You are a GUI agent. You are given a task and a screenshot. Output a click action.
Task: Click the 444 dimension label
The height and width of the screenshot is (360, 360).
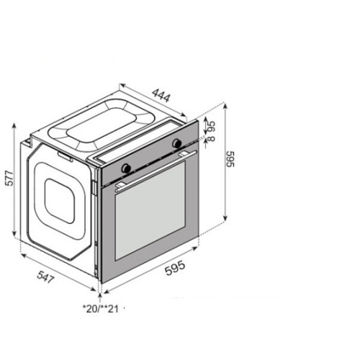pyautogui.click(x=161, y=95)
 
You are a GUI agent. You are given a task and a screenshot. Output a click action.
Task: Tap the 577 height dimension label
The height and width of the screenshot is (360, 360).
pyautogui.click(x=10, y=178)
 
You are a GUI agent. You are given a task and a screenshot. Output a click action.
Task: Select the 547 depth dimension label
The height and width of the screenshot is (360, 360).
pyautogui.click(x=45, y=277)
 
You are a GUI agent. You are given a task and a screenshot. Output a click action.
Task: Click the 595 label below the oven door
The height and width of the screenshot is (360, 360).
pyautogui.click(x=175, y=268)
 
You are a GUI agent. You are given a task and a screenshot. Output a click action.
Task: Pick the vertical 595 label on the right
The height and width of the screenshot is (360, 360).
pyautogui.click(x=230, y=159)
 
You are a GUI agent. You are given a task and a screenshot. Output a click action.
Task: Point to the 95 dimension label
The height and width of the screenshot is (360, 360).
pyautogui.click(x=212, y=127)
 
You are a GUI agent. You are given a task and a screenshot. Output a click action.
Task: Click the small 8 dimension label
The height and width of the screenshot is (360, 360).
pyautogui.click(x=212, y=139)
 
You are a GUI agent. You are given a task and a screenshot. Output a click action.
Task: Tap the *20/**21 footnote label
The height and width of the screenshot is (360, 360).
pyautogui.click(x=101, y=309)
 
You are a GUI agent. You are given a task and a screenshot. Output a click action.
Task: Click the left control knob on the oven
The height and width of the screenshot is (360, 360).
pyautogui.click(x=126, y=168)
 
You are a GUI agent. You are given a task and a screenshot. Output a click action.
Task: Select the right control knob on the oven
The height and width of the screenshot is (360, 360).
pyautogui.click(x=177, y=143)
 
